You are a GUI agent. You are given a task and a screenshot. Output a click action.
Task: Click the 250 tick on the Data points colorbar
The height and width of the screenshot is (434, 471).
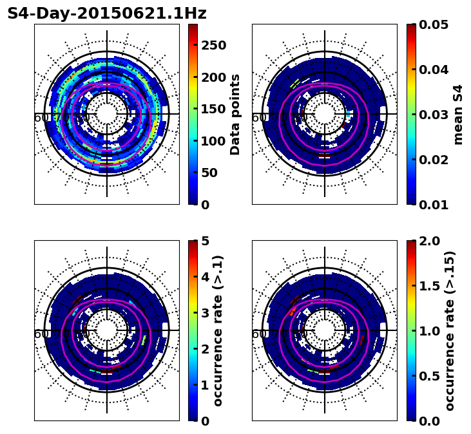(213, 45)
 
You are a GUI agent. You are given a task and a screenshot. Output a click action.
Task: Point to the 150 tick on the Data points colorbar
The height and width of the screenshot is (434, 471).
(213, 109)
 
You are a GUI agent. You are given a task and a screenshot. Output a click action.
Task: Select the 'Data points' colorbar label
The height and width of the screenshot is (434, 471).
(235, 114)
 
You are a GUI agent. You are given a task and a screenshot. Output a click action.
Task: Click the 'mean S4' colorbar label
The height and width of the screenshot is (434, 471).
(458, 114)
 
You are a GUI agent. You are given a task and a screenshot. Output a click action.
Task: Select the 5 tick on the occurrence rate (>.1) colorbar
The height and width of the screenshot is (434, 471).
(206, 241)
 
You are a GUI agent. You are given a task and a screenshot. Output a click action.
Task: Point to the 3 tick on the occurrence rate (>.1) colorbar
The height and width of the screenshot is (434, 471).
(206, 313)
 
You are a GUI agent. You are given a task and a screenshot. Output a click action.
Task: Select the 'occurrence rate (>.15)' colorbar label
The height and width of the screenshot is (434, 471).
(450, 330)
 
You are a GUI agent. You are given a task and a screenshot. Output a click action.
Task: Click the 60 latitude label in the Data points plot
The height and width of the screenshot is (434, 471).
(41, 118)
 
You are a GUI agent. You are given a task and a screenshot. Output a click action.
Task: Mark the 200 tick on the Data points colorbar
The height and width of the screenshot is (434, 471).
(213, 77)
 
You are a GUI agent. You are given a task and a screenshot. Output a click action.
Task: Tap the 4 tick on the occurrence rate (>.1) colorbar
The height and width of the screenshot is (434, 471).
(206, 277)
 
